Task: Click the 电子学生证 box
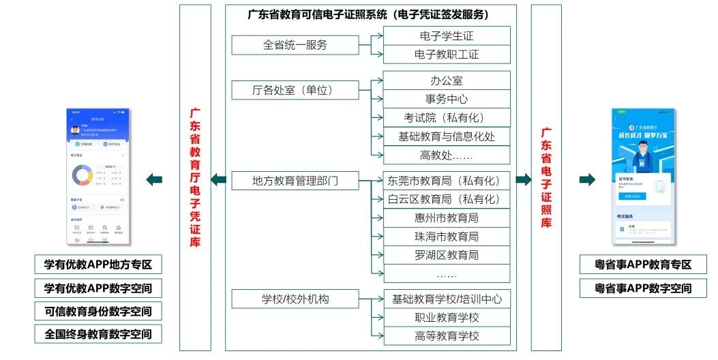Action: [x=447, y=35]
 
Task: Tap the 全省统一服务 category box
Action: [x=295, y=45]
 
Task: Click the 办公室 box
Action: [x=447, y=80]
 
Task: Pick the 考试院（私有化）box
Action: [x=447, y=117]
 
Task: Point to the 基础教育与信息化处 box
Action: [x=447, y=136]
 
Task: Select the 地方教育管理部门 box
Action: [x=295, y=181]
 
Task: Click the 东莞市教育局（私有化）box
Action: [x=447, y=181]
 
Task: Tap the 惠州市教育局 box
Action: [x=447, y=218]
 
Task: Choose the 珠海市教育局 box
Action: [x=447, y=237]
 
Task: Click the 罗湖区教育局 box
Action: [x=447, y=255]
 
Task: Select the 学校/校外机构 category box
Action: [x=295, y=299]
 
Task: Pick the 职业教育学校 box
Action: [x=447, y=317]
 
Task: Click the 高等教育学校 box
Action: [x=447, y=335]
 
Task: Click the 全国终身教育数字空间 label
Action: [x=98, y=334]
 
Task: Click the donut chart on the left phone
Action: [x=83, y=176]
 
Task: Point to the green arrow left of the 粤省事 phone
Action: [x=587, y=180]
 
